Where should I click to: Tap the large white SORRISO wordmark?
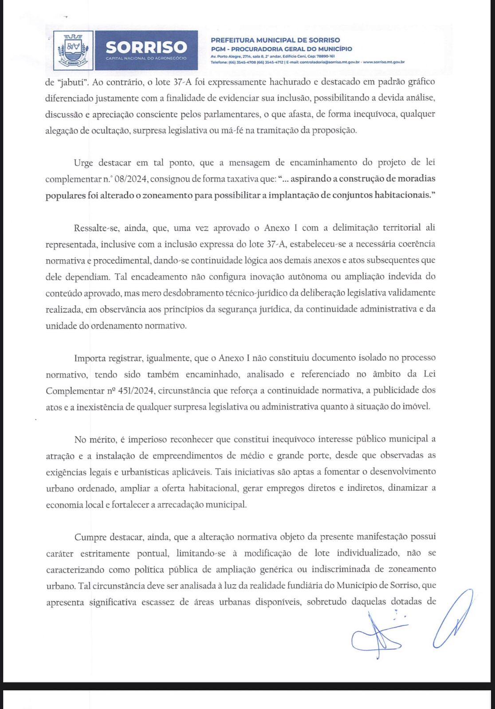[x=146, y=47]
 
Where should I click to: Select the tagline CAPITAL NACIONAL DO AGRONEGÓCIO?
[x=146, y=58]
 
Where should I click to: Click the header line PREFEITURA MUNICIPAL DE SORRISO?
[x=275, y=40]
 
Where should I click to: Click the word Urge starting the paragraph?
[x=83, y=163]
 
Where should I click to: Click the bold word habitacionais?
[x=405, y=195]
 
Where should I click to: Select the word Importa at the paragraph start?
[x=91, y=358]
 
